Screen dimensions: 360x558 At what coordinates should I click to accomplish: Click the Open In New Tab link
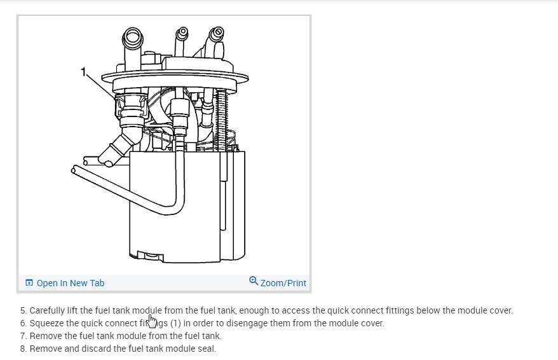[70, 283]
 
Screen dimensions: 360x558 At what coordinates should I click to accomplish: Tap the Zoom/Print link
[283, 283]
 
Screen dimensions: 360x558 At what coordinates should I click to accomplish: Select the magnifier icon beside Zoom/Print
[254, 281]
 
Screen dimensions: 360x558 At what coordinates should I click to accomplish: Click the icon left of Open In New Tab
[29, 283]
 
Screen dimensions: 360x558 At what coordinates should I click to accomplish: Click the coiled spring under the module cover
[222, 118]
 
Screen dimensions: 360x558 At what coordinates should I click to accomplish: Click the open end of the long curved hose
[76, 170]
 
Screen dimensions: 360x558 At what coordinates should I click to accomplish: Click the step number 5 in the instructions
[23, 311]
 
